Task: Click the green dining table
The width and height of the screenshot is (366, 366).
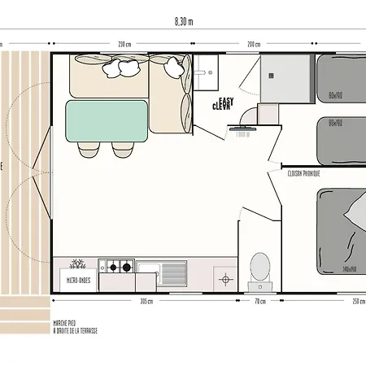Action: coord(106,120)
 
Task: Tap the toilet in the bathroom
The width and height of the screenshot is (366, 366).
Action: coord(259,267)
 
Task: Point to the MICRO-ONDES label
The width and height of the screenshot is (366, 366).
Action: coord(79,280)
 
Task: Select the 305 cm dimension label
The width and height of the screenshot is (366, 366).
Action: coord(146,300)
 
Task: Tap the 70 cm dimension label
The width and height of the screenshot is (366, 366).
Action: coord(260,300)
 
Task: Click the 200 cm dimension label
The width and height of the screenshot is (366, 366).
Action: coord(254,44)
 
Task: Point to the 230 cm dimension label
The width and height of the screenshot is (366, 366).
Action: coord(124,44)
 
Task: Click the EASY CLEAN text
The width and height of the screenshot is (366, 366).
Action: coord(222,102)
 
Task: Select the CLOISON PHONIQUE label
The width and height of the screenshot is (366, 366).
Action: coord(303,173)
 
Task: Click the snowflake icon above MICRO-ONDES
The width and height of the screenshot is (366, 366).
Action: coord(79,265)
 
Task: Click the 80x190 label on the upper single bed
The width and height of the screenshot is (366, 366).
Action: coord(335,94)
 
